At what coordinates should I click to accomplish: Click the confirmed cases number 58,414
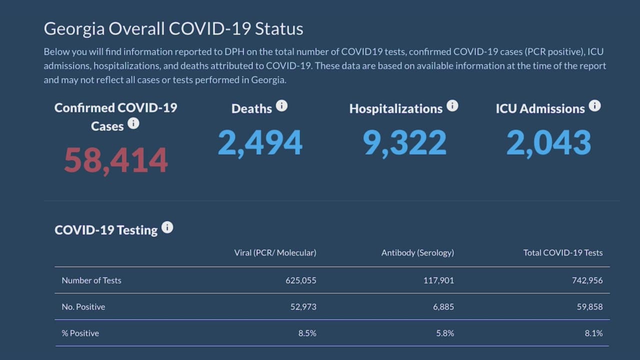[x=115, y=160]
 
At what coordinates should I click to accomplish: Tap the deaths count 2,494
[x=260, y=142]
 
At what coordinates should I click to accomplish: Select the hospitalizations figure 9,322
[x=404, y=142]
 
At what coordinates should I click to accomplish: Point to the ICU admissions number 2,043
[x=548, y=142]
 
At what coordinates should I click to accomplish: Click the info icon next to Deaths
[x=282, y=106]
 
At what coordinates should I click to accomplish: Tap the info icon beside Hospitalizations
[x=452, y=106]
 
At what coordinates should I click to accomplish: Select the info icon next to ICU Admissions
[x=594, y=106]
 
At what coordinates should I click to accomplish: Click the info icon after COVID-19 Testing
[x=167, y=227]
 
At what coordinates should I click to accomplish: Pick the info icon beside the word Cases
[x=133, y=123]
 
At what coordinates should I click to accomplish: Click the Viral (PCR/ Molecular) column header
[x=275, y=253]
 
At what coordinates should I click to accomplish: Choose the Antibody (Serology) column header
[x=417, y=253]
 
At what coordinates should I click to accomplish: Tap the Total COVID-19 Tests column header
[x=563, y=253]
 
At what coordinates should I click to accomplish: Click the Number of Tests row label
[x=91, y=280]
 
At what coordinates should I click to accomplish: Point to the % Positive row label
[x=80, y=333]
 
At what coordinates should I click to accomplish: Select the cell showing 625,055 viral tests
[x=301, y=280]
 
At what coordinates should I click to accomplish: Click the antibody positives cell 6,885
[x=444, y=307]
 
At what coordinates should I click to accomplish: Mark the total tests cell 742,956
[x=588, y=280]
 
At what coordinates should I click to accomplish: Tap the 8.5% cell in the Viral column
[x=307, y=333]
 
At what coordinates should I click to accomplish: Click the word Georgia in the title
[x=74, y=29]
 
